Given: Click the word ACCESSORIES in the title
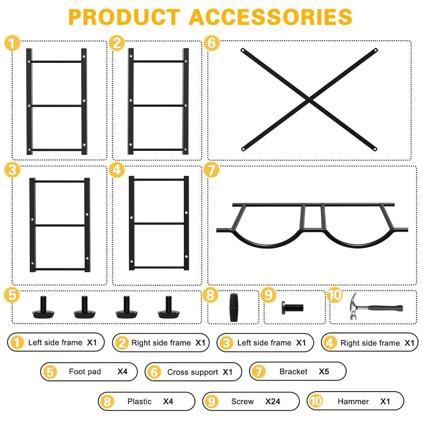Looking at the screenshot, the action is pyautogui.click(x=271, y=17).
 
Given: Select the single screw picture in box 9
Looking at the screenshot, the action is pyautogui.click(x=293, y=307).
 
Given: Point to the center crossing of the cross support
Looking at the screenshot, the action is pyautogui.click(x=309, y=99).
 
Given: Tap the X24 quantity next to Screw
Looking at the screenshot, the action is pyautogui.click(x=273, y=401).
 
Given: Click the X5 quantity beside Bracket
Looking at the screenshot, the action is pyautogui.click(x=324, y=371).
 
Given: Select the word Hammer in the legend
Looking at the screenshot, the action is pyautogui.click(x=353, y=401).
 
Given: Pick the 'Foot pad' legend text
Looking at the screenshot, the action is pyautogui.click(x=85, y=371).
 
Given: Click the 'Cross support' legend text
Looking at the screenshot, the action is pyautogui.click(x=192, y=372).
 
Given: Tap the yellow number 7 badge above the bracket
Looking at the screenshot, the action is pyautogui.click(x=211, y=171).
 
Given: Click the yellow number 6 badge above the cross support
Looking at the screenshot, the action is pyautogui.click(x=211, y=44).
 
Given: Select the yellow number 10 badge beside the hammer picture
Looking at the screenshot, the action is pyautogui.click(x=335, y=295).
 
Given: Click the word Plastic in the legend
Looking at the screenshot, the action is pyautogui.click(x=140, y=401).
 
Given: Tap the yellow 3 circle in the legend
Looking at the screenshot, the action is pyautogui.click(x=226, y=342).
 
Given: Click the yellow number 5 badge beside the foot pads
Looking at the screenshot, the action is pyautogui.click(x=12, y=295).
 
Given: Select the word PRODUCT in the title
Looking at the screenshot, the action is pyautogui.click(x=124, y=17).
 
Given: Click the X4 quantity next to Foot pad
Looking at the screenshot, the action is pyautogui.click(x=122, y=371).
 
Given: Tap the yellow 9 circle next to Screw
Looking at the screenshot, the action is pyautogui.click(x=211, y=401).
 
